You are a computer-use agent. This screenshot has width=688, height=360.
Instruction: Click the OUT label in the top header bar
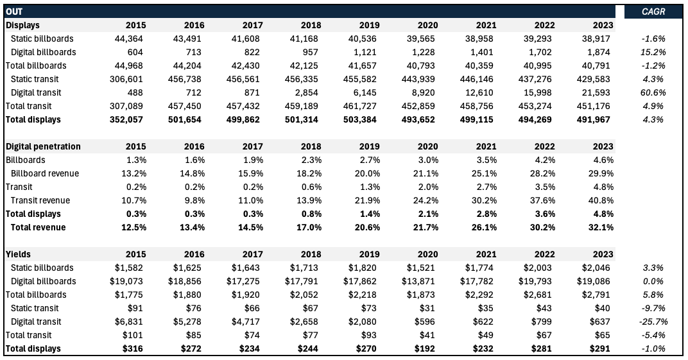pyautogui.click(x=14, y=12)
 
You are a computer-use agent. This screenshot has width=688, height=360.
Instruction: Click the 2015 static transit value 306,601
pyautogui.click(x=129, y=79)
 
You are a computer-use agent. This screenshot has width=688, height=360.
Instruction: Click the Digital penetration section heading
pyautogui.click(x=43, y=146)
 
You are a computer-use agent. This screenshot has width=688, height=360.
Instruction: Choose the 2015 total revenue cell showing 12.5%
pyautogui.click(x=132, y=227)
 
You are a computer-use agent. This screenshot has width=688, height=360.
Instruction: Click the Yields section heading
pyautogui.click(x=19, y=254)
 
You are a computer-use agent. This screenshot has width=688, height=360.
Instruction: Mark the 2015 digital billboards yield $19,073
pyautogui.click(x=128, y=281)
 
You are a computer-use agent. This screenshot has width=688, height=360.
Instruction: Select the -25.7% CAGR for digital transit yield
pyautogui.click(x=652, y=321)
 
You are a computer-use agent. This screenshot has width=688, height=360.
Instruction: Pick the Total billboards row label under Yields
pyautogui.click(x=36, y=295)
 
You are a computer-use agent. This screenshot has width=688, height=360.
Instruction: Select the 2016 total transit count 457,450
pyautogui.click(x=187, y=106)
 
